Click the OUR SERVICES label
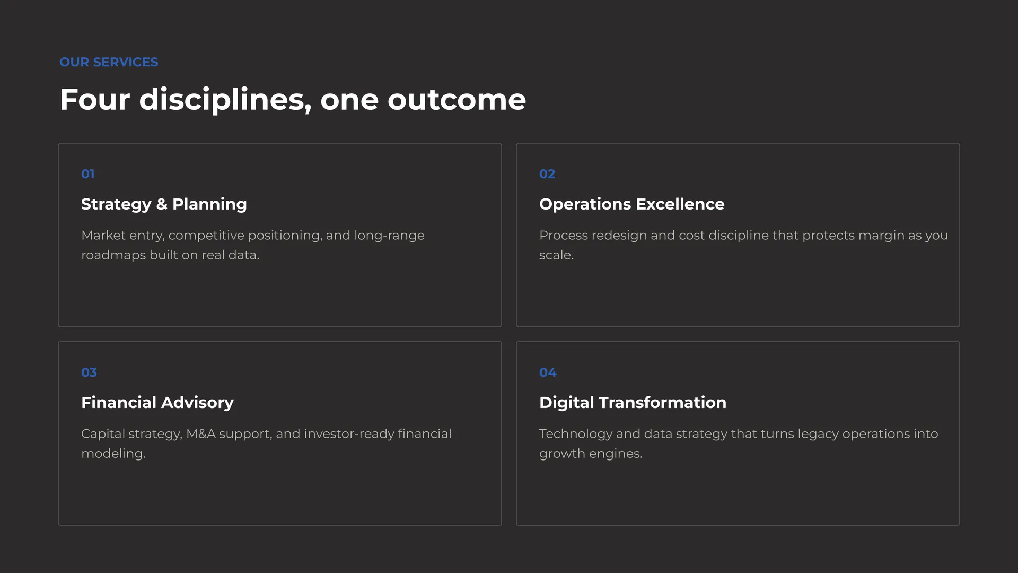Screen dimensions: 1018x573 [109, 62]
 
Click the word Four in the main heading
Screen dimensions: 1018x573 [95, 99]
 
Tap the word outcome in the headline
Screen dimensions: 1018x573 [457, 99]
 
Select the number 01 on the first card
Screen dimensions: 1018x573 [88, 174]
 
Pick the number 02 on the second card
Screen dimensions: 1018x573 [547, 174]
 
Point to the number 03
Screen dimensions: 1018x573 [89, 372]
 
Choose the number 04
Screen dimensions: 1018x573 [548, 372]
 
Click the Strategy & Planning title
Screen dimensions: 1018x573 [164, 204]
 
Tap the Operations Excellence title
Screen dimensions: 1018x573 [631, 204]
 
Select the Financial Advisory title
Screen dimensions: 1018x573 [157, 403]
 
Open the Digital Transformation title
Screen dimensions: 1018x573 [633, 403]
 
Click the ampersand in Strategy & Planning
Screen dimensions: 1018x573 [162, 204]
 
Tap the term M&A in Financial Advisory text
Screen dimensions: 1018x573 [201, 434]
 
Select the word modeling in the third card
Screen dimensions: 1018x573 [113, 454]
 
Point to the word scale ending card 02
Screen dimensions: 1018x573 [556, 255]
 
